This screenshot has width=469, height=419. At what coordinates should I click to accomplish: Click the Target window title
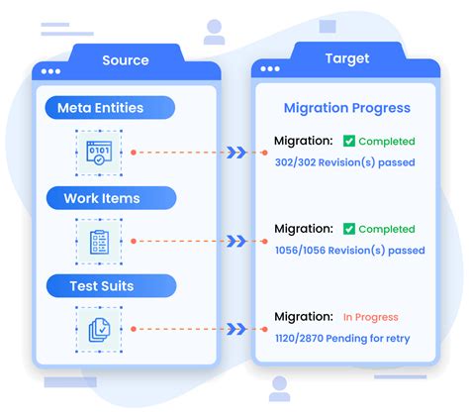tap(346, 59)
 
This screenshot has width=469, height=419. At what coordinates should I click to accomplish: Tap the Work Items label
tap(102, 198)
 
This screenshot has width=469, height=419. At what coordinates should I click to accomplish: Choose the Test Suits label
tap(103, 286)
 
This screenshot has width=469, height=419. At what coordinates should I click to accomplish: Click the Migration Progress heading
tap(346, 108)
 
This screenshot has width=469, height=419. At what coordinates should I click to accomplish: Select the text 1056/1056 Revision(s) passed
tap(349, 251)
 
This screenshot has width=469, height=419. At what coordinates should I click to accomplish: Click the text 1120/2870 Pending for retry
tap(342, 339)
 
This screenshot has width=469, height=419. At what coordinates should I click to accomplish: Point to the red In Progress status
tap(370, 318)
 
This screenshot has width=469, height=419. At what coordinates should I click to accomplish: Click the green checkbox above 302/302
tap(349, 142)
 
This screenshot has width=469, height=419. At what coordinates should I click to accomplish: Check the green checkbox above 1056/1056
tap(349, 230)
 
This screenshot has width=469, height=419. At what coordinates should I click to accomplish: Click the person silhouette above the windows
tap(214, 33)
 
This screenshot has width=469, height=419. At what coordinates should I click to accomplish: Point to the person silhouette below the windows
tap(279, 387)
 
